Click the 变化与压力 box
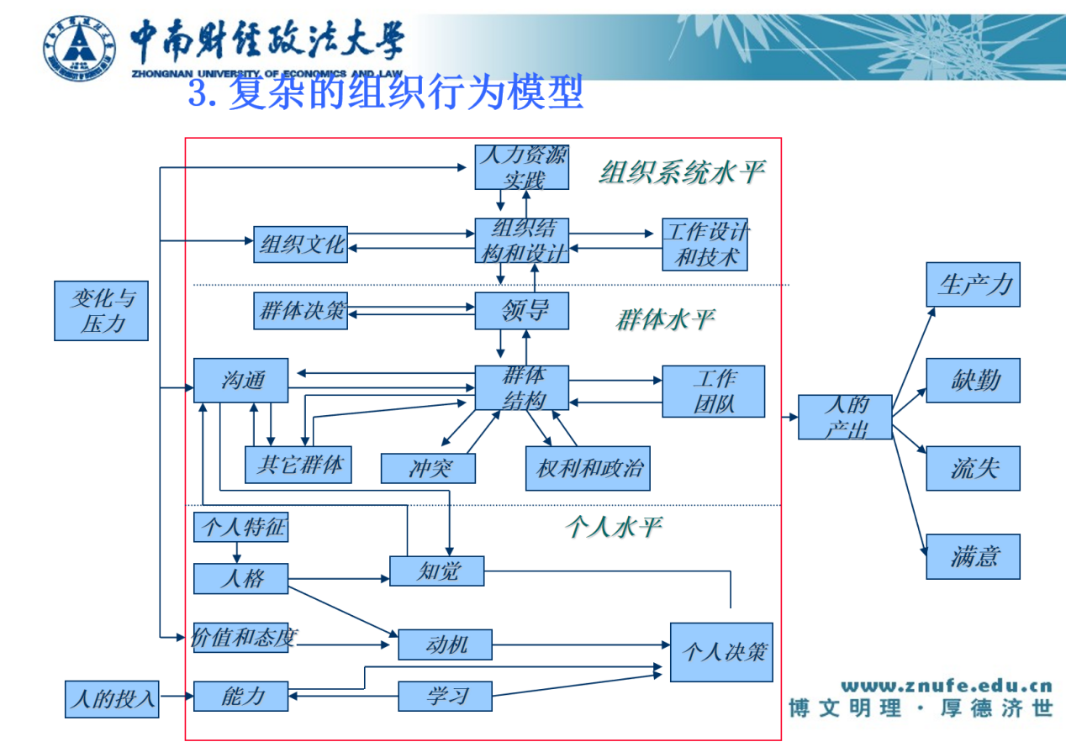(x=101, y=311)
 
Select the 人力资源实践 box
(x=522, y=167)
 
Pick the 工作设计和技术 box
(x=705, y=244)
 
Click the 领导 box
(x=522, y=311)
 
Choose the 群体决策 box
(x=301, y=311)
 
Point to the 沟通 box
(x=241, y=381)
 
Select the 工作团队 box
(x=714, y=392)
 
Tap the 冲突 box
(x=429, y=468)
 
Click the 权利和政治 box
(x=588, y=468)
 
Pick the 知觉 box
(x=437, y=571)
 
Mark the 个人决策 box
(x=723, y=651)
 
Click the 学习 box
(x=446, y=696)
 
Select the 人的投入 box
(x=113, y=698)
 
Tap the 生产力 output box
(x=974, y=284)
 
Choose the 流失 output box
(x=974, y=468)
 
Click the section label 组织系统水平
(x=682, y=172)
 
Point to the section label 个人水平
(x=614, y=527)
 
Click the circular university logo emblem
(x=80, y=46)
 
